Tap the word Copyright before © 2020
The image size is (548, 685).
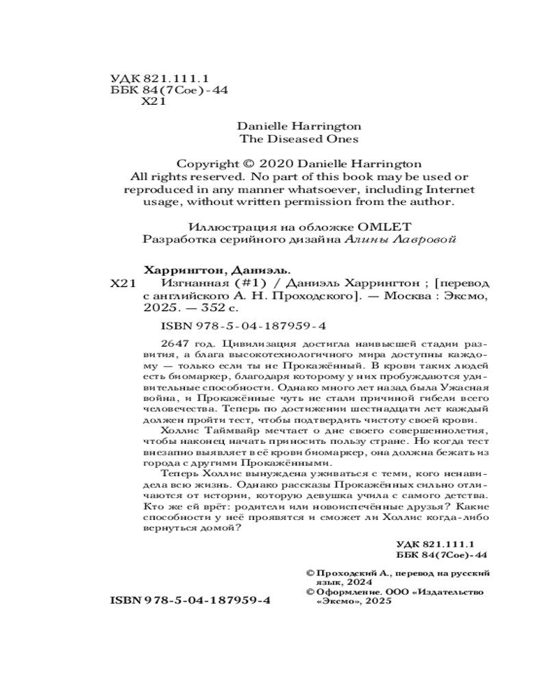coord(206,164)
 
